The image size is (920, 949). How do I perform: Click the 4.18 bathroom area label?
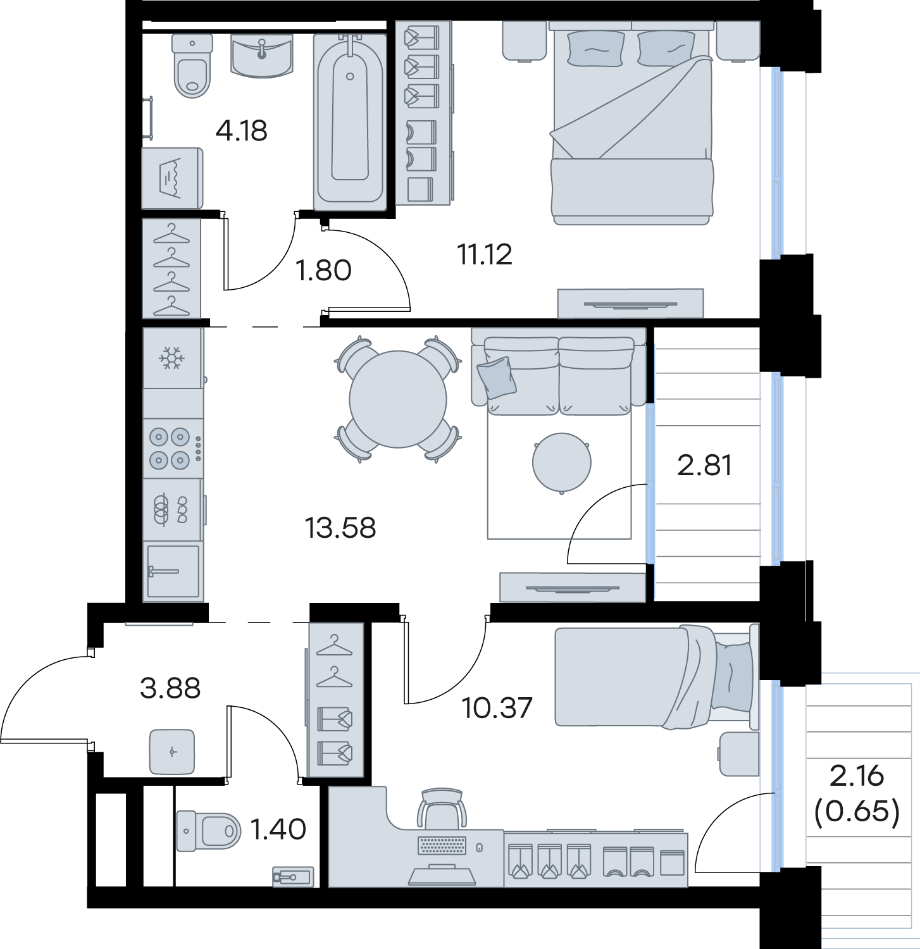241,131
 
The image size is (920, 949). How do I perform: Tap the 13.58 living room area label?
340,528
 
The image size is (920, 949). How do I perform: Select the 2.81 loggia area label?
704,465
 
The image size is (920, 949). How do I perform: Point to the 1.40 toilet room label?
278,829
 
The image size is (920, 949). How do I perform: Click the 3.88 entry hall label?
170,688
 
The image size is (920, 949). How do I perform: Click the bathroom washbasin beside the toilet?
262,56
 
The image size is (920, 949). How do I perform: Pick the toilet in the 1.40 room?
209,830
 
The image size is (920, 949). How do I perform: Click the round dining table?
398,399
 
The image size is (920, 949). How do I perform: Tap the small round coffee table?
562,462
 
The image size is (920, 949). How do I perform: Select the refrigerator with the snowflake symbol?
173,358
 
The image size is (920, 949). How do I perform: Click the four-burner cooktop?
173,448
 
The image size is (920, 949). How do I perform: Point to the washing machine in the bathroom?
172,178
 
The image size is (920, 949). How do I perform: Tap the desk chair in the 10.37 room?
444,808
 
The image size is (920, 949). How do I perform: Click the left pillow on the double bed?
595,48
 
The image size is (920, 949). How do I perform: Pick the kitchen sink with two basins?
173,509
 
